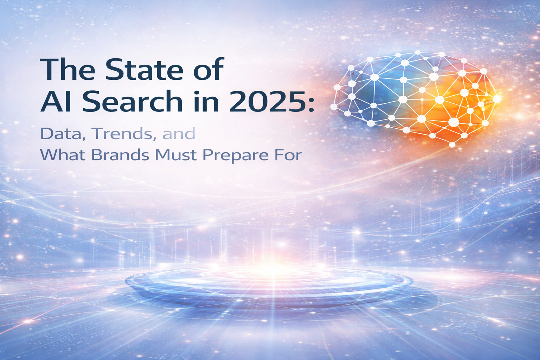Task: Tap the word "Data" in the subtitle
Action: click(x=61, y=134)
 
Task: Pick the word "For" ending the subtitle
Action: click(x=290, y=155)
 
